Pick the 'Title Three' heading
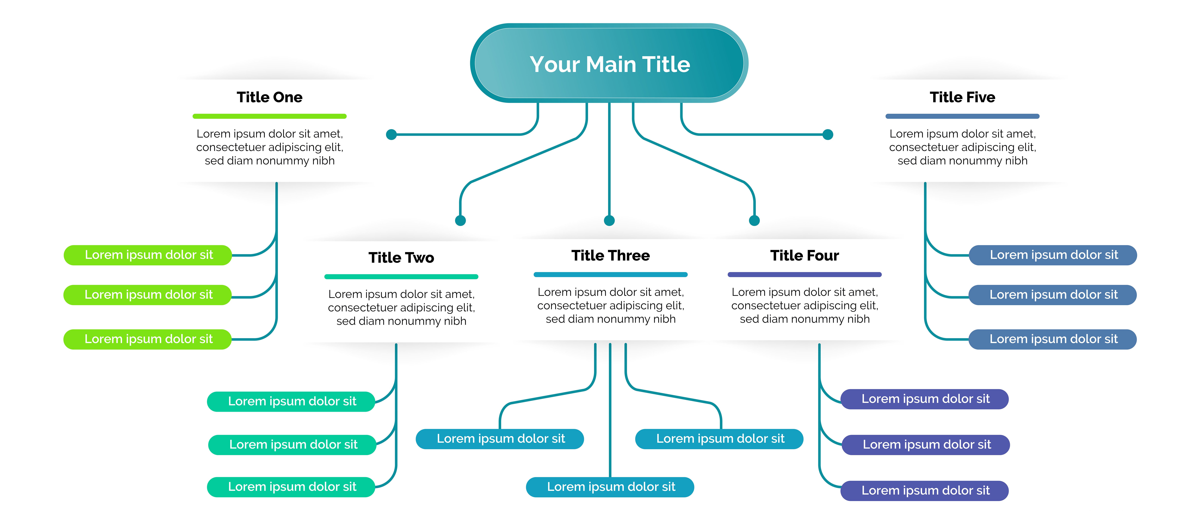(x=610, y=255)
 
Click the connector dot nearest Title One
(x=391, y=135)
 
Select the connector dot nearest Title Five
(x=828, y=135)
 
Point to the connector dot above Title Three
(x=609, y=221)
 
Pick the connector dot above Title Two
(x=460, y=221)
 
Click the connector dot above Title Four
(x=754, y=221)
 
